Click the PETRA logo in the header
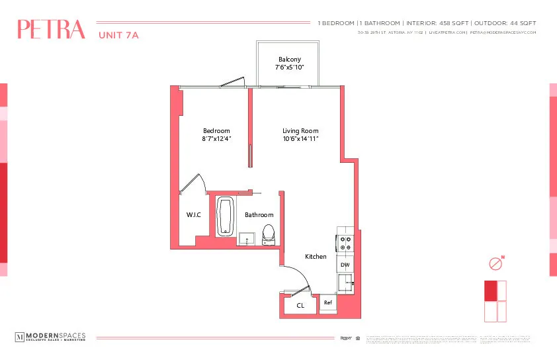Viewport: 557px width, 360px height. [51, 30]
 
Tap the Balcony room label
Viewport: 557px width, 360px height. [290, 60]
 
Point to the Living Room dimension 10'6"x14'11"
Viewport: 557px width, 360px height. [301, 139]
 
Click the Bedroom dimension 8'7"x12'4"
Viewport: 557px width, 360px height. [216, 139]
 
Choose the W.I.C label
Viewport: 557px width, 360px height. [194, 215]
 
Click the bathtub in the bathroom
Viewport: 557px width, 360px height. [226, 216]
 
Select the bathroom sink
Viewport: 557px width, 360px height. [247, 238]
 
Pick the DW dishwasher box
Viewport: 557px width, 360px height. [345, 265]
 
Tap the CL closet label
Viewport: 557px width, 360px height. [300, 306]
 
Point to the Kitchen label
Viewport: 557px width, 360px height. [316, 256]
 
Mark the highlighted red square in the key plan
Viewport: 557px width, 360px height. [490, 291]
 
